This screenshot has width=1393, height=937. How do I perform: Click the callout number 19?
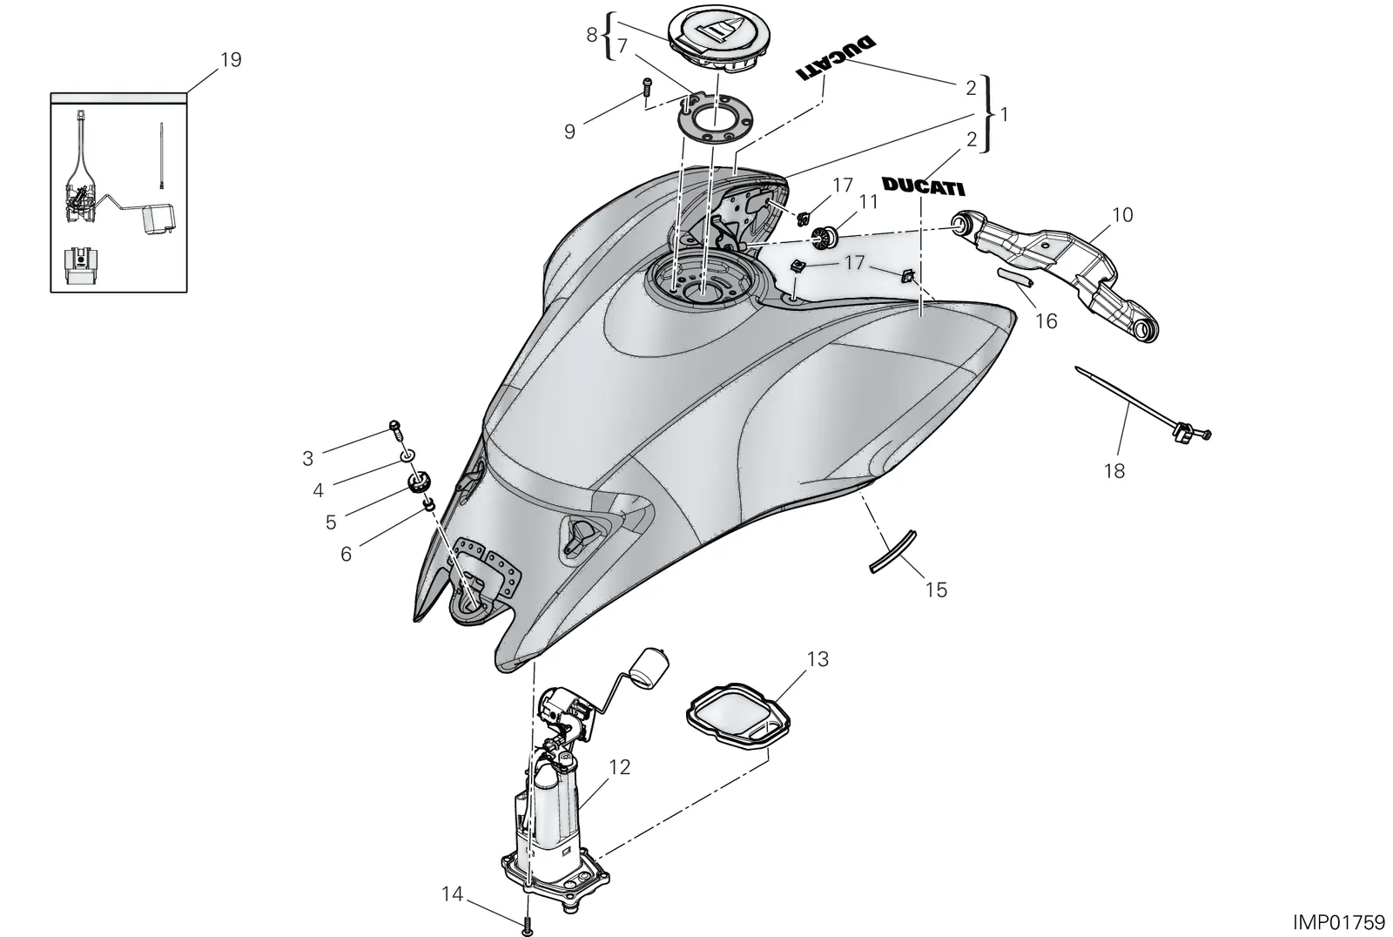click(x=231, y=60)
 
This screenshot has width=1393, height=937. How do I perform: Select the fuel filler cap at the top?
click(x=712, y=44)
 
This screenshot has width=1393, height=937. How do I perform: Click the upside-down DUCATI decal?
click(x=837, y=57)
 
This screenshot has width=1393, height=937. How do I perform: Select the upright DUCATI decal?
click(x=923, y=186)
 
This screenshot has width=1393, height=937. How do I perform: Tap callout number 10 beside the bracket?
click(x=1122, y=214)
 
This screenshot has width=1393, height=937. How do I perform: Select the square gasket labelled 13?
click(x=738, y=714)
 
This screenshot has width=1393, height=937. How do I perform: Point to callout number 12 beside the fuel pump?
click(x=620, y=767)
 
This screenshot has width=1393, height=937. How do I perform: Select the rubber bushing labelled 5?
click(x=418, y=482)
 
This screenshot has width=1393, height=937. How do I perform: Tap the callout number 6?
click(x=346, y=554)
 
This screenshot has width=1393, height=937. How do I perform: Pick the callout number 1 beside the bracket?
click(x=1003, y=115)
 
